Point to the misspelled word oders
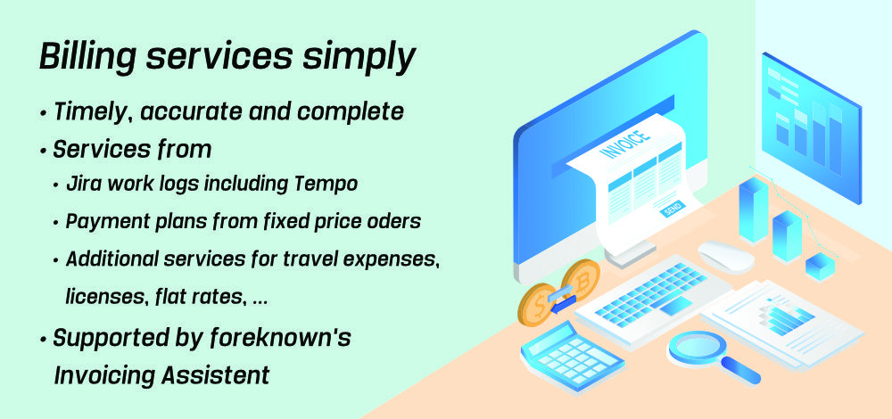[396, 221]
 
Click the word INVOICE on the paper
[624, 144]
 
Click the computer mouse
[726, 258]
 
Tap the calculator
[573, 355]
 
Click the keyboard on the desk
[653, 300]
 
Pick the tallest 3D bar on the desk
[753, 209]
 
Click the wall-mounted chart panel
[811, 127]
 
